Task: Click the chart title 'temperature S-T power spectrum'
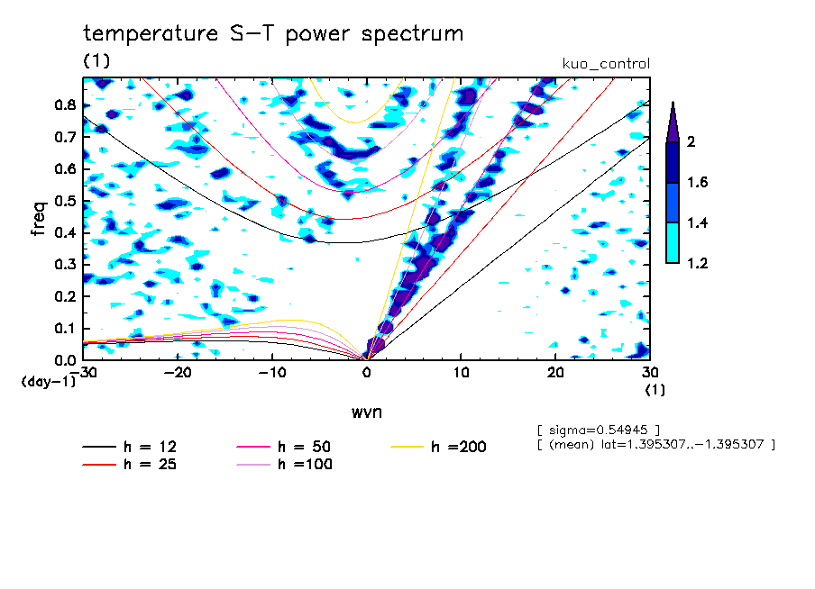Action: click(273, 35)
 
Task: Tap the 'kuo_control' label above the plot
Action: click(606, 64)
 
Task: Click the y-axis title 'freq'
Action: click(39, 218)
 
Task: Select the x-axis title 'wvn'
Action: click(366, 412)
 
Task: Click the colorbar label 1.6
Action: click(695, 183)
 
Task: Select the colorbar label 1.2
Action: click(695, 264)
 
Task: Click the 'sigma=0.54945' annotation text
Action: click(599, 429)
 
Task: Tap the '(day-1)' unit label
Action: click(48, 382)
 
